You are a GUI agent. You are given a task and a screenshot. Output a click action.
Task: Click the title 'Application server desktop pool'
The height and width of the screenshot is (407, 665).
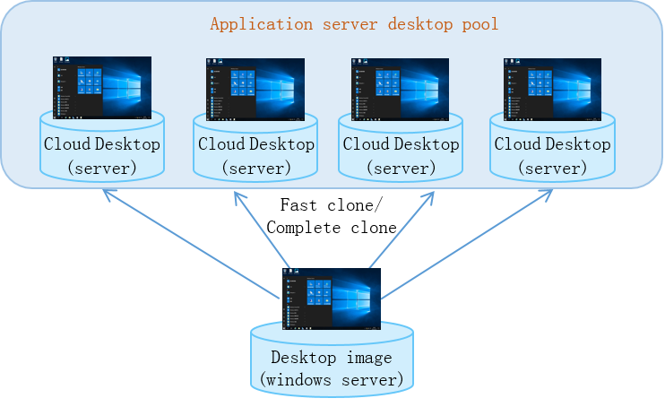coord(354,24)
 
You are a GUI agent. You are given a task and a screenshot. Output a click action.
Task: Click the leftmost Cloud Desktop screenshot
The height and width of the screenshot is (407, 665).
coord(102,88)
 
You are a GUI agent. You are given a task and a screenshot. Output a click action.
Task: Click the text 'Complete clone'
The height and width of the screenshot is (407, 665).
coord(332,228)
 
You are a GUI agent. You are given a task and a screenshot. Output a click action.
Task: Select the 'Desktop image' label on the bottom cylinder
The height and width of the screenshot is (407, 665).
coord(332,358)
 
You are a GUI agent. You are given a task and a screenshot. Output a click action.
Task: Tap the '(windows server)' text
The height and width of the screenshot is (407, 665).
coord(332,379)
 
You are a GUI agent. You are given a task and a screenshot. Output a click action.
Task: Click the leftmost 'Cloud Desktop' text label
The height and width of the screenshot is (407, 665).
coord(102,143)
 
